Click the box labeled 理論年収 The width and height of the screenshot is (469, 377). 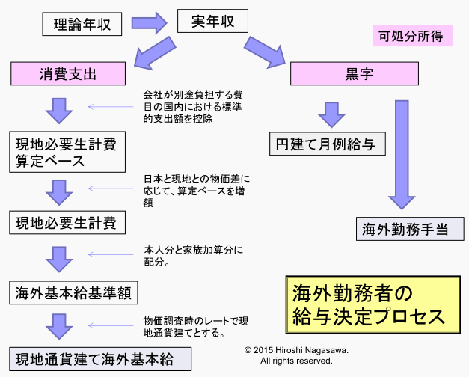pos(82,24)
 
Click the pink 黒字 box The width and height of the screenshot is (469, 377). pos(353,73)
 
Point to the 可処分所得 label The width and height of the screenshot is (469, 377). pos(411,35)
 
